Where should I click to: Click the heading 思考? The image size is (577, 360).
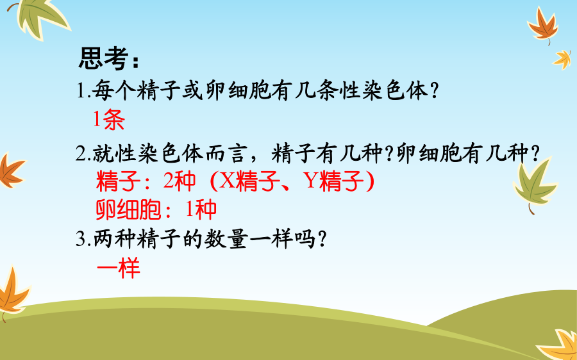[x=103, y=58]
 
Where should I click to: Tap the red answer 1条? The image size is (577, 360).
[x=109, y=120]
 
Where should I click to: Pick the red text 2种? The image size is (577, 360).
[x=180, y=181]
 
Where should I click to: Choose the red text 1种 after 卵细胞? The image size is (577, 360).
[x=201, y=209]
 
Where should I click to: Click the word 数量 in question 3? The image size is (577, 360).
[x=225, y=239]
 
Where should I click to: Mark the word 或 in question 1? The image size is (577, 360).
[x=192, y=90]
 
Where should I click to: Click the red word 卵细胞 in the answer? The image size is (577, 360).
[x=128, y=209]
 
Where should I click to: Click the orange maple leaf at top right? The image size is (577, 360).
[x=543, y=25]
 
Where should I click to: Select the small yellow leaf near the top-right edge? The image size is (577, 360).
[x=562, y=60]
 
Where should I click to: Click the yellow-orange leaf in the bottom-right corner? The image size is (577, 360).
[x=558, y=345]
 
